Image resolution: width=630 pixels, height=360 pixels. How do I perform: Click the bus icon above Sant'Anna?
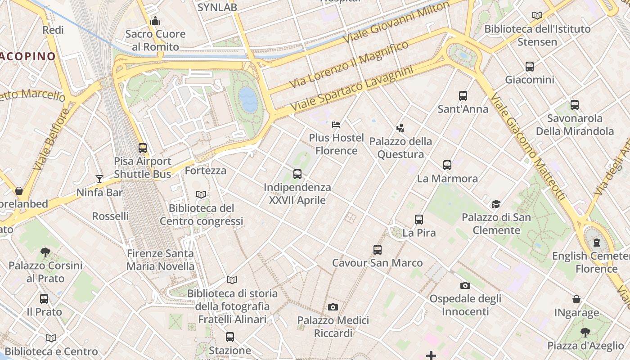tap(463, 95)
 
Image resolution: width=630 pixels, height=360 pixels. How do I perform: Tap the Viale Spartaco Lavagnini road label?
tap(351, 89)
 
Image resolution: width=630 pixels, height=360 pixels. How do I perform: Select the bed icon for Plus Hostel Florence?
tap(336, 124)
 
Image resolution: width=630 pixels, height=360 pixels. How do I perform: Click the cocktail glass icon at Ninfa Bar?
tap(99, 179)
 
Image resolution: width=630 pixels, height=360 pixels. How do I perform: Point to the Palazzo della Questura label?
tap(400, 148)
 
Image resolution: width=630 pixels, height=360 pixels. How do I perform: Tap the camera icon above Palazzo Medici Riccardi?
tap(333, 307)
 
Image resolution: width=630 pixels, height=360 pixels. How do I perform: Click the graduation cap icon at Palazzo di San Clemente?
tap(496, 204)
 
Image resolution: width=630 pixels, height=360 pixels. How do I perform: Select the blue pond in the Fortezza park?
tap(247, 99)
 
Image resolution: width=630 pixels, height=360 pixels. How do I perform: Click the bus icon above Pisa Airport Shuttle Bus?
tap(143, 148)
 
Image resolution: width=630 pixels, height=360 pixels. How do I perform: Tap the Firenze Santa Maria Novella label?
tap(160, 260)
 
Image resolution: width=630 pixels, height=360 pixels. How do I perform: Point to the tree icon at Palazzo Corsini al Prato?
tap(45, 252)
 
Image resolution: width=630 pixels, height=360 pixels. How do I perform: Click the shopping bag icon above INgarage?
tap(576, 299)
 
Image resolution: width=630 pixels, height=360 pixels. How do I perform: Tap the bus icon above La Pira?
tap(419, 220)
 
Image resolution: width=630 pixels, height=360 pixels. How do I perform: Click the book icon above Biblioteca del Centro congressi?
tap(201, 195)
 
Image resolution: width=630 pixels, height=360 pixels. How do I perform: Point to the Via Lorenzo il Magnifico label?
tap(349, 64)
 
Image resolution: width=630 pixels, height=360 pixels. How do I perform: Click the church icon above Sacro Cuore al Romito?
tap(155, 21)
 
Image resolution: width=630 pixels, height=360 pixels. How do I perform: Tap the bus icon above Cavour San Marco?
tap(378, 249)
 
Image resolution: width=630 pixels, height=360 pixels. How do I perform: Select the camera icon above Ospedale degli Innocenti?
tap(465, 285)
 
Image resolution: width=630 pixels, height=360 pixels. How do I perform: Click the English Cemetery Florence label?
tap(590, 262)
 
